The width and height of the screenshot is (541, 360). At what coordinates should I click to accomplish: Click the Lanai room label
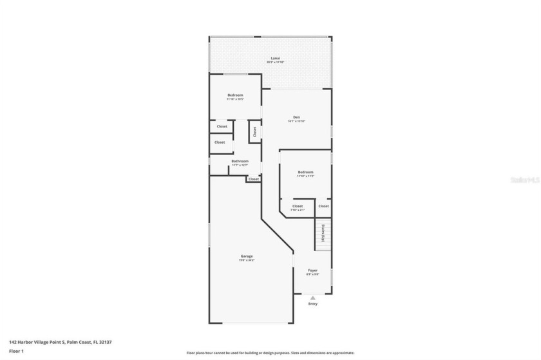point(275,58)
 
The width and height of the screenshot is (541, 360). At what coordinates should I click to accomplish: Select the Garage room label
point(247,256)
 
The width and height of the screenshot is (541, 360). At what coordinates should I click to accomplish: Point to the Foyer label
point(312,270)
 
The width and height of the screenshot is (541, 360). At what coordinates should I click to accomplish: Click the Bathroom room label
point(240,161)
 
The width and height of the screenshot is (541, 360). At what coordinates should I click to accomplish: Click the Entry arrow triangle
point(312,298)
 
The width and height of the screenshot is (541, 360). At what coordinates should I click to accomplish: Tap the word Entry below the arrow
point(312,304)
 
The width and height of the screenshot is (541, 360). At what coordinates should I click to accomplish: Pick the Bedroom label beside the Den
point(305,172)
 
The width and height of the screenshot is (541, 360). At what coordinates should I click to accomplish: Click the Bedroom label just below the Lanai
point(234,95)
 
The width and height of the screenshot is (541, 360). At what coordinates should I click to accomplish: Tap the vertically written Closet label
point(254,131)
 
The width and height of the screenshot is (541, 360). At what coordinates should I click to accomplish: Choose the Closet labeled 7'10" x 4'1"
point(297,206)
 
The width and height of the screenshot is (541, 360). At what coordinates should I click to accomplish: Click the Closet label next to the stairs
point(323,206)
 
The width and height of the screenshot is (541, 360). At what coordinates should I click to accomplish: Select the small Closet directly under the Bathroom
point(253,179)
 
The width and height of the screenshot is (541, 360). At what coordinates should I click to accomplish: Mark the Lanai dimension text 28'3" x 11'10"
point(275,62)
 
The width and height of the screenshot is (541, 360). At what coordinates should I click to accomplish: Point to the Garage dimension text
point(247,260)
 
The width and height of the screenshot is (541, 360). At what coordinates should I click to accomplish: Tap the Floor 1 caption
point(16,351)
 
